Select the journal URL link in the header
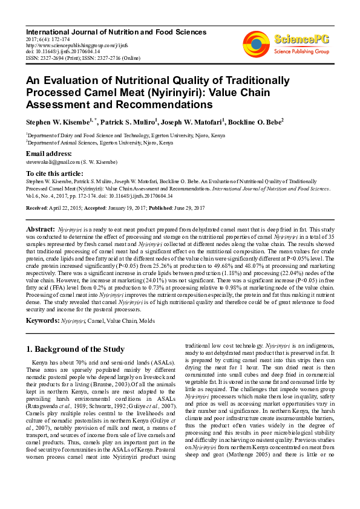point(70,44)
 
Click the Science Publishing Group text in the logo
point(300,52)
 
